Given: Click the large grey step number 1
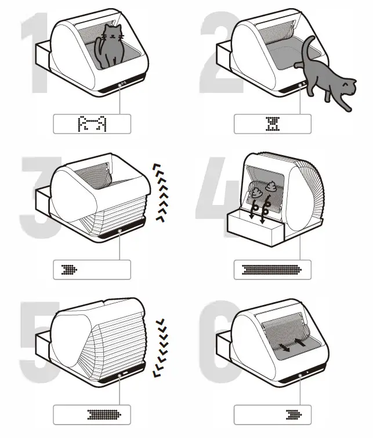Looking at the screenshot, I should (35, 58).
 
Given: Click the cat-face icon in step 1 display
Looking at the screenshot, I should (92, 124).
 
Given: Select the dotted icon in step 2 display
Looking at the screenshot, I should (273, 124).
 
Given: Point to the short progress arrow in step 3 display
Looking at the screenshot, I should (69, 270).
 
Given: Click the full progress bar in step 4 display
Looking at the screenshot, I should (273, 270).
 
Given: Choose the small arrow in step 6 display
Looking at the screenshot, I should (294, 415).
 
